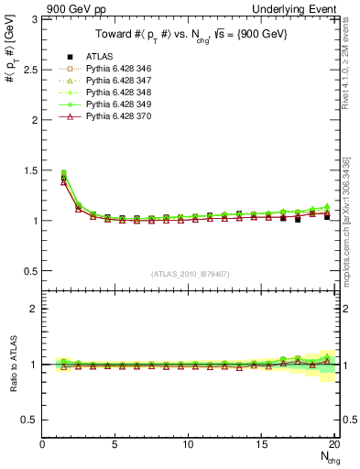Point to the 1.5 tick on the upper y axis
33,170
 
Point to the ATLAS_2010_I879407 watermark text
190,273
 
